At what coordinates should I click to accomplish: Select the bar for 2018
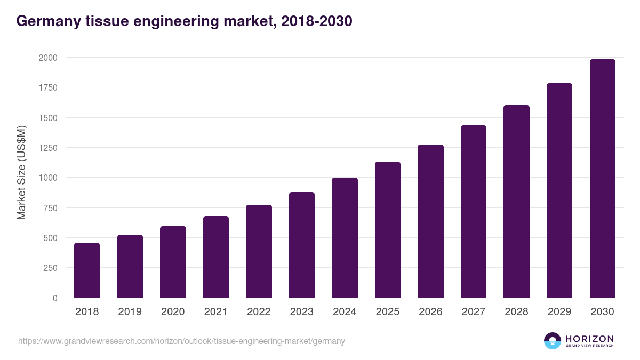[87, 270]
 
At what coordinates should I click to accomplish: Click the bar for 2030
[602, 179]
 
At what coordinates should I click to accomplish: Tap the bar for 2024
[345, 238]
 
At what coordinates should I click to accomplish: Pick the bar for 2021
[215, 257]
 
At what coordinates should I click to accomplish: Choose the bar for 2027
[473, 212]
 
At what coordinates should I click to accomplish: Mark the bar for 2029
[559, 190]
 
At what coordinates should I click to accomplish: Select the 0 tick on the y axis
[54, 298]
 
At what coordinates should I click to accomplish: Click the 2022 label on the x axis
[259, 312]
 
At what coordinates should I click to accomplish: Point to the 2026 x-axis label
[430, 312]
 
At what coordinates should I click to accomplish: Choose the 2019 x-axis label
[130, 312]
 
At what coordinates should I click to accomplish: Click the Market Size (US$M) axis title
[21, 173]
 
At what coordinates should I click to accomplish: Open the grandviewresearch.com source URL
[181, 341]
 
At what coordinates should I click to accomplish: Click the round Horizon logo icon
[553, 341]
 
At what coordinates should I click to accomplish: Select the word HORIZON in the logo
[589, 339]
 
